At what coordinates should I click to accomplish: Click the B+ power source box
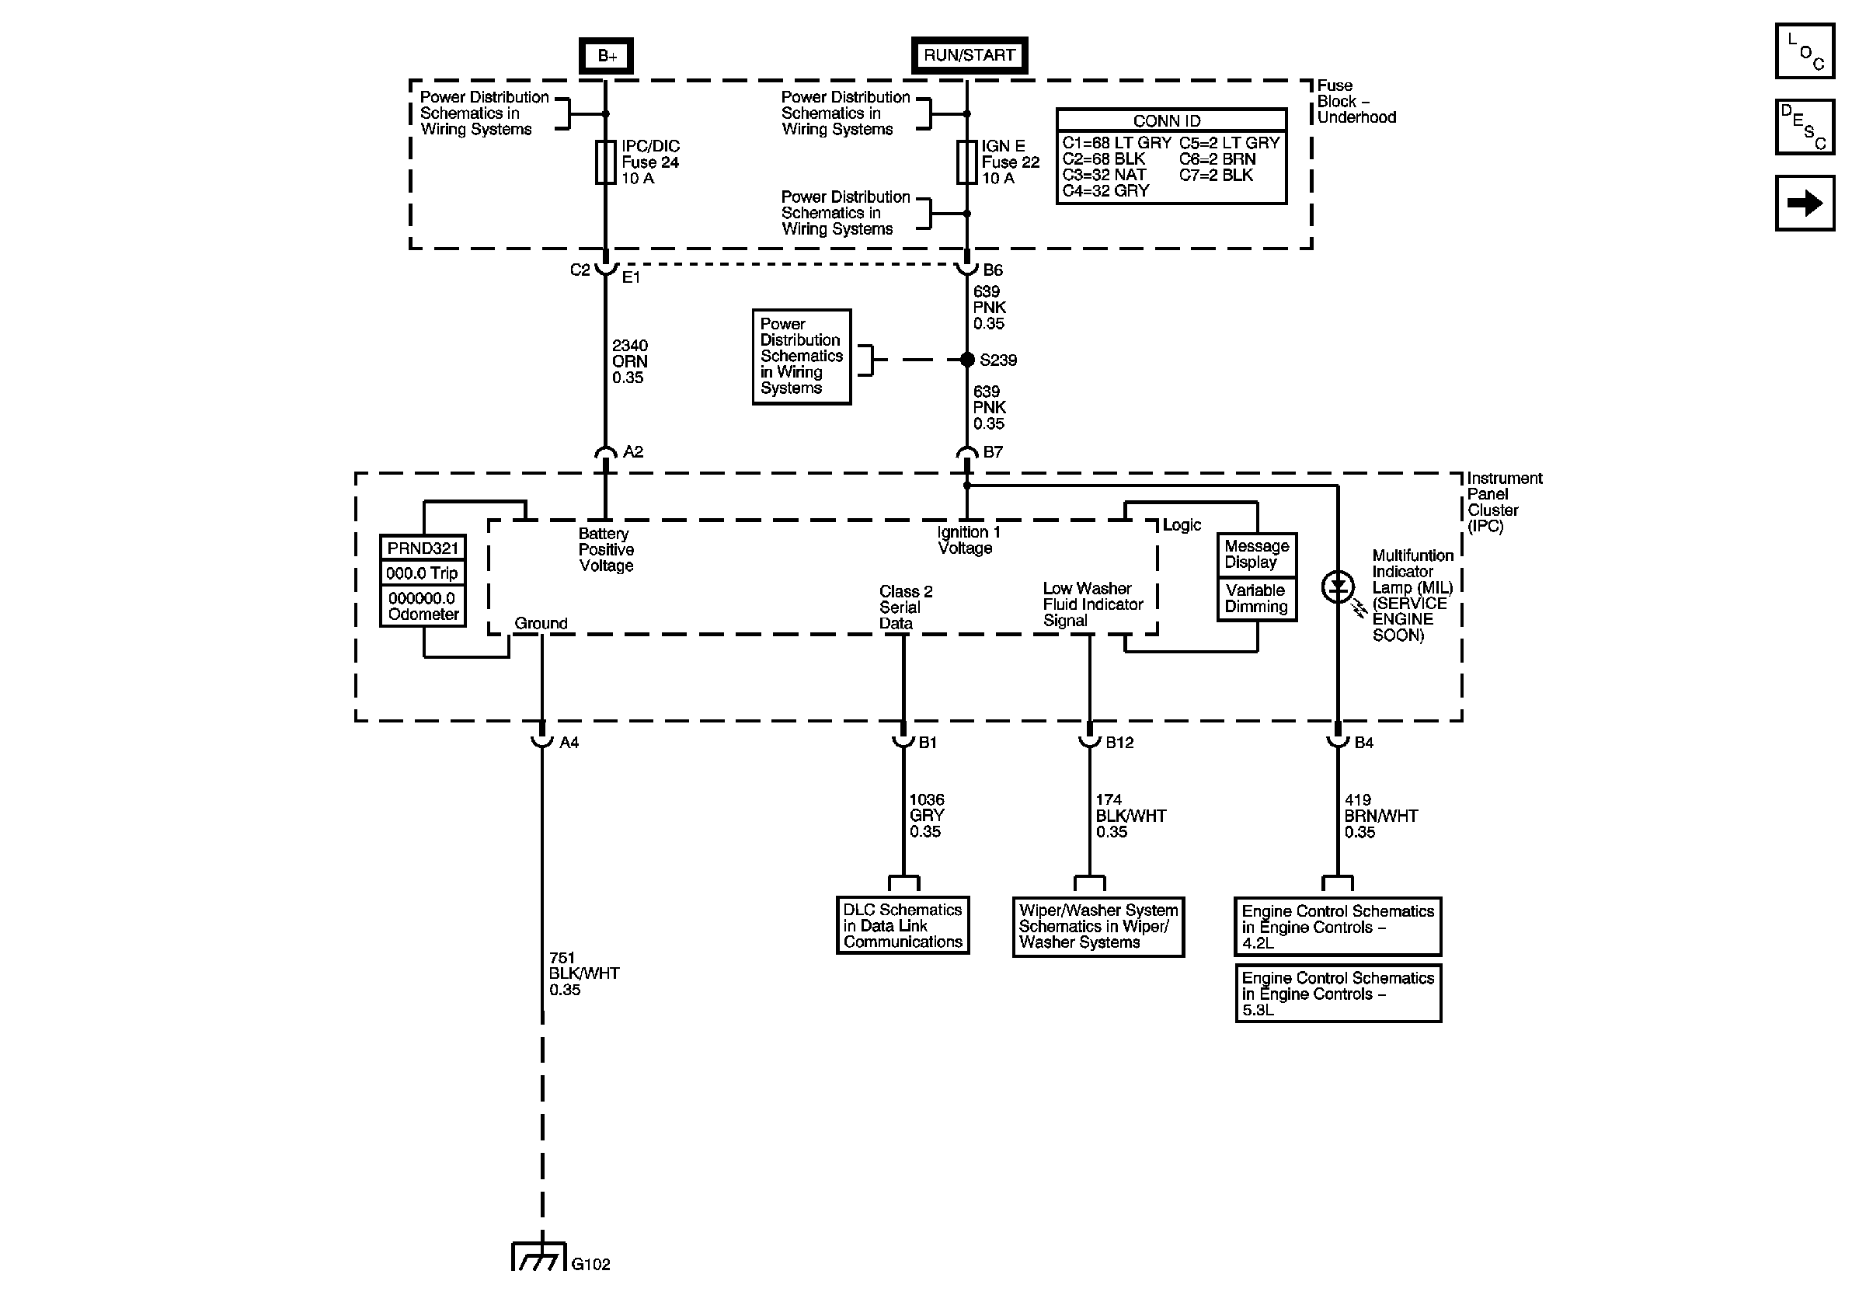[605, 56]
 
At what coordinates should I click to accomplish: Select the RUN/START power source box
[969, 55]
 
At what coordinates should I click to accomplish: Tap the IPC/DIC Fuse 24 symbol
[605, 162]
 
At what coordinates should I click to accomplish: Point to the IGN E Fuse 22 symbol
[966, 162]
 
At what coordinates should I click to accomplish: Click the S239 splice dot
[967, 359]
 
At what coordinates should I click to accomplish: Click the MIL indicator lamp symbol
[1338, 587]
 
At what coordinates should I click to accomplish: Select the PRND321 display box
[423, 548]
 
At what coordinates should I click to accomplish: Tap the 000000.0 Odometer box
[423, 606]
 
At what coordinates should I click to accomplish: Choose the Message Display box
[1256, 554]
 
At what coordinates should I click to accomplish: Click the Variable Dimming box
[1256, 599]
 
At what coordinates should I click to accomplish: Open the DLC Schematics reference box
[902, 925]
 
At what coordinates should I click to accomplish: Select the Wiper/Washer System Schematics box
[1098, 926]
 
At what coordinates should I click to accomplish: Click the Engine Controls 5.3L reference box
[1338, 994]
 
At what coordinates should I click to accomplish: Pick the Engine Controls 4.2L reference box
[1338, 927]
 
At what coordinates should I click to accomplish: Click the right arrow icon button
[1804, 203]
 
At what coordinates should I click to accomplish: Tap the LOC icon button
[1804, 51]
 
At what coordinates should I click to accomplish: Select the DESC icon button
[1804, 127]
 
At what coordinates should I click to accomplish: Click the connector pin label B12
[1119, 743]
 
